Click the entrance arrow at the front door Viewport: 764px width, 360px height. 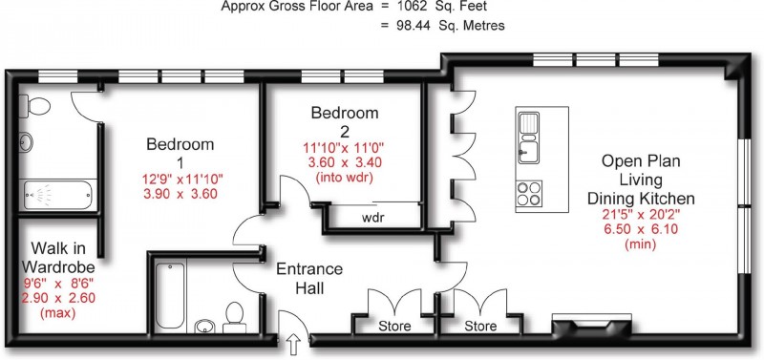294,345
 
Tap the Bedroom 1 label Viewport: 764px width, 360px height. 180,153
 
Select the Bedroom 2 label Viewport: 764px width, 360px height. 345,121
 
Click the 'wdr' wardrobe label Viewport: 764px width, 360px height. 373,218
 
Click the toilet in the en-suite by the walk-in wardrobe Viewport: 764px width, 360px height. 34,106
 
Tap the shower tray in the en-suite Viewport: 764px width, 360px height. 58,195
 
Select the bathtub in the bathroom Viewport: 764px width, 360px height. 170,296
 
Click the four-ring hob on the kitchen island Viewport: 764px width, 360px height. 529,194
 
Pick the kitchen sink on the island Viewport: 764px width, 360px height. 529,138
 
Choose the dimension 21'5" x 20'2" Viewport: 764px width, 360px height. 641,214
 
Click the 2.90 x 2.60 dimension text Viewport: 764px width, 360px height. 58,298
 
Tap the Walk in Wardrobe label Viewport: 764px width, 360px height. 58,258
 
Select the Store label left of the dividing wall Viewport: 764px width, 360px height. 394,326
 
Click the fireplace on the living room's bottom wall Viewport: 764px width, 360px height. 591,325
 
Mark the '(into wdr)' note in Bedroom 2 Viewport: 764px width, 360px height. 345,178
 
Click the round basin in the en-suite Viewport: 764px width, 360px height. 27,142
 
